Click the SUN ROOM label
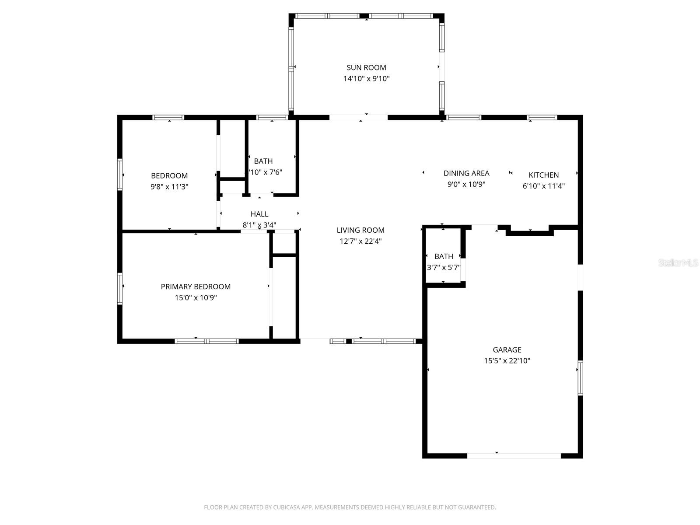point(366,67)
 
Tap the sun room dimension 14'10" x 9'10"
point(366,79)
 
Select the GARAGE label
point(507,350)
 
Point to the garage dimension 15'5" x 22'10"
point(507,361)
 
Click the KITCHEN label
point(543,175)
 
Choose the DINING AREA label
point(466,173)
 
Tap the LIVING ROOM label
point(360,230)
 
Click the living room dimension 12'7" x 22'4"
point(360,241)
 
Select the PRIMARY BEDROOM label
point(196,287)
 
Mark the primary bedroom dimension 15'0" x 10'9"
point(196,298)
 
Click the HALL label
point(259,214)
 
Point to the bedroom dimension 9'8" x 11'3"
point(169,187)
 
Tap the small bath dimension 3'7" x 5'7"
point(444,267)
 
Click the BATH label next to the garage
point(444,256)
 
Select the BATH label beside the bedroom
point(263,161)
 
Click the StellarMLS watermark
point(679,263)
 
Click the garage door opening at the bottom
point(514,455)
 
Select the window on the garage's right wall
point(581,378)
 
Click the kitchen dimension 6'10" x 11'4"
point(543,186)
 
